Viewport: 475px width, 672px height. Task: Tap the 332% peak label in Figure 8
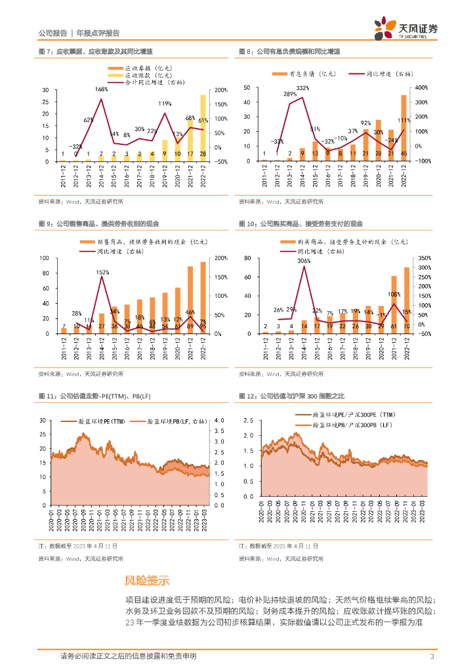[302, 88]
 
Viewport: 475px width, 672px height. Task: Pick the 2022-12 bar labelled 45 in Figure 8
[403, 128]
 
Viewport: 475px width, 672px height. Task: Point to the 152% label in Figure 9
[102, 272]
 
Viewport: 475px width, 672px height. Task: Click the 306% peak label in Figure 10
[303, 261]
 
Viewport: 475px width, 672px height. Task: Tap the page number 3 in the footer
[432, 656]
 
